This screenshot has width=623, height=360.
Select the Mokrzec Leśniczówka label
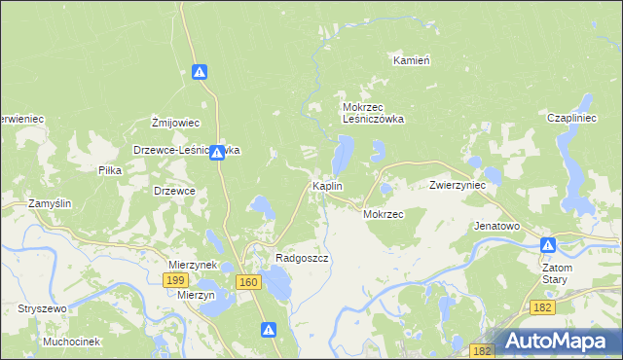pos(373,113)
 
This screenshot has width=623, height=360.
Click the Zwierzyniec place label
pos(458,185)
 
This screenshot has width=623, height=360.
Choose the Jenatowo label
pos(496,226)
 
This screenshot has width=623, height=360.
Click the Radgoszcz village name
pos(302,259)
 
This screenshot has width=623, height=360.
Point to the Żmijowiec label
pos(175,123)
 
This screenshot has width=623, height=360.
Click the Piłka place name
pos(110,169)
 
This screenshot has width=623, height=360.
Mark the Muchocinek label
pos(72,342)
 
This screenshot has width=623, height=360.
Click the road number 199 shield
pos(175,280)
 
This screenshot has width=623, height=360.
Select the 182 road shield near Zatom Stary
pos(544,307)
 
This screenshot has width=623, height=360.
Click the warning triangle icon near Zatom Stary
pos(549,246)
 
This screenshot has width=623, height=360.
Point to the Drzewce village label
pos(175,191)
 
